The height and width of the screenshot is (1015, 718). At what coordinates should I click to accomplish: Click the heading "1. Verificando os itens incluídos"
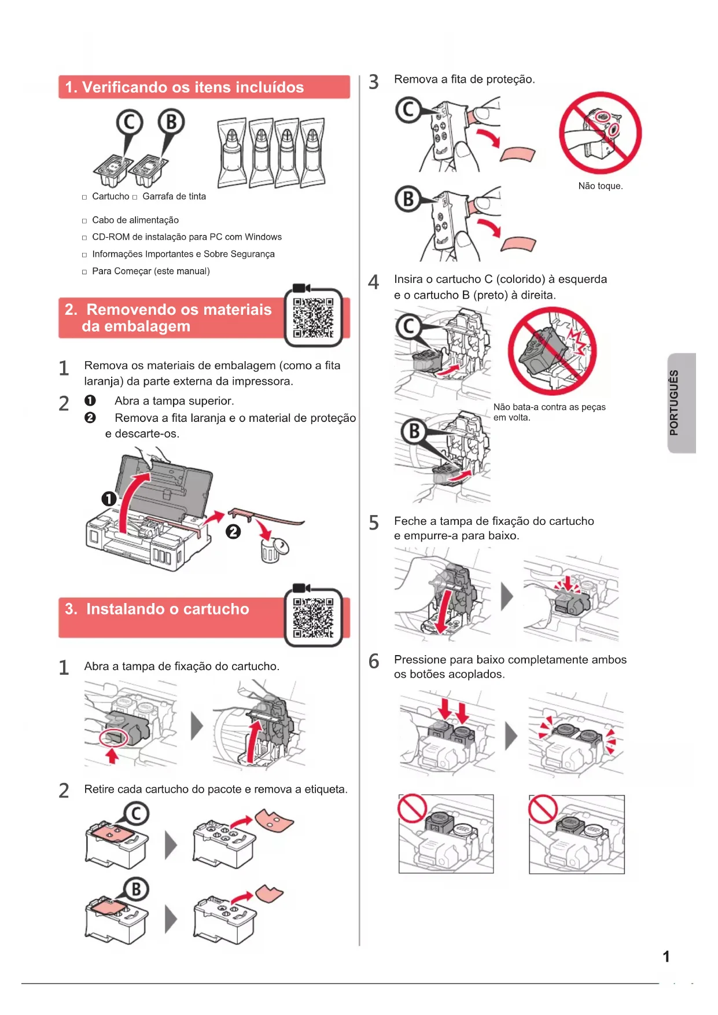click(x=184, y=87)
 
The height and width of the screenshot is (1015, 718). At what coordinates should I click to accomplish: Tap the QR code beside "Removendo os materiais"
click(x=313, y=318)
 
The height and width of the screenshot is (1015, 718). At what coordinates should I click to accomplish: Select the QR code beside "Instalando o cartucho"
click(x=313, y=618)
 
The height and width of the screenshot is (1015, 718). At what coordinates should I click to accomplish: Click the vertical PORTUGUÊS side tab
click(x=681, y=403)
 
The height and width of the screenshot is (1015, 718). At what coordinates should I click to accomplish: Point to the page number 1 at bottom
click(x=666, y=957)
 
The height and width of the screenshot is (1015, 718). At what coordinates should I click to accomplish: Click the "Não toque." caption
click(x=601, y=186)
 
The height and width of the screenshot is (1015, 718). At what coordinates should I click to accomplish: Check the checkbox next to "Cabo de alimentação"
click(x=84, y=221)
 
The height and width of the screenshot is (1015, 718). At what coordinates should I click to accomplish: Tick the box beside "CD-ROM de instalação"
click(x=84, y=238)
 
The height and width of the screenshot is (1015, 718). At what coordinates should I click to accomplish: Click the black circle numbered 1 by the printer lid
click(x=109, y=499)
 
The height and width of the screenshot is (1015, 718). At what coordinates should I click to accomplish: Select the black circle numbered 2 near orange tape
click(x=233, y=531)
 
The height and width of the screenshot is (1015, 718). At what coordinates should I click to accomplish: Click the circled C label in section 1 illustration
click(x=129, y=123)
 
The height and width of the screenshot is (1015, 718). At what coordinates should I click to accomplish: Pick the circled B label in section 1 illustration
click(x=171, y=123)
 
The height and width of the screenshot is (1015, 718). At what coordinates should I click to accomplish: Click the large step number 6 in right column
click(x=374, y=661)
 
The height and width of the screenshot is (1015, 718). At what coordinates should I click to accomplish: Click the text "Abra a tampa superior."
click(x=174, y=401)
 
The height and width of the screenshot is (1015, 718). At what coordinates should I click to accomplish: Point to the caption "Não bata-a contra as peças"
click(x=550, y=407)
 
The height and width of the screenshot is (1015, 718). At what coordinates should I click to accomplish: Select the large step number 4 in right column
click(x=374, y=282)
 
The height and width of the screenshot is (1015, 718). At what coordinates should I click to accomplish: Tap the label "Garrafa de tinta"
click(x=174, y=196)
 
